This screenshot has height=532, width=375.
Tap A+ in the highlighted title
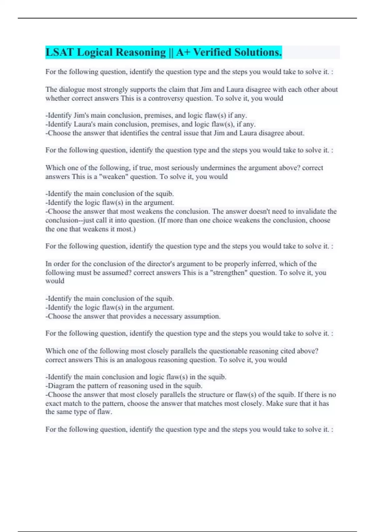point(183,52)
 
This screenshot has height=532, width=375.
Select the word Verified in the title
point(212,52)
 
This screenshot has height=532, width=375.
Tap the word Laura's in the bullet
point(85,124)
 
